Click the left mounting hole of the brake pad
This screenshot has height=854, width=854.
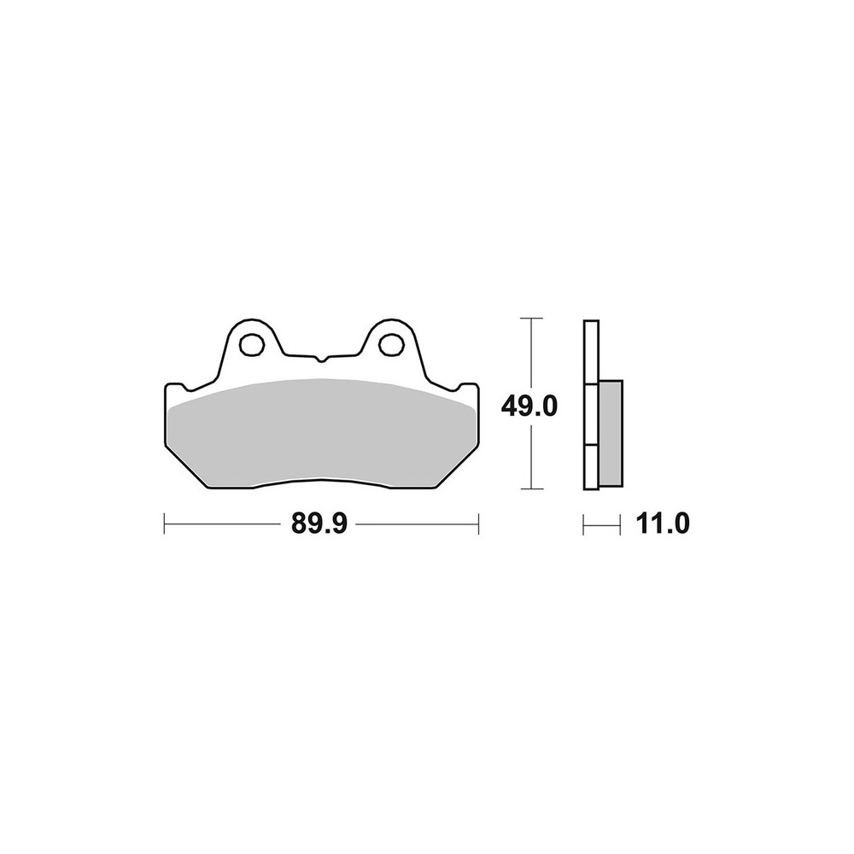click(x=250, y=345)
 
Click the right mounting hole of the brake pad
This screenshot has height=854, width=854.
click(x=391, y=345)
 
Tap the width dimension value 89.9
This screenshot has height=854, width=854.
click(x=319, y=524)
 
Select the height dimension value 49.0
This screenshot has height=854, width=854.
click(x=529, y=406)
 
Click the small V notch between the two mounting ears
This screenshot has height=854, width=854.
click(x=323, y=359)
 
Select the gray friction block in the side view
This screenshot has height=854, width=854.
click(x=611, y=433)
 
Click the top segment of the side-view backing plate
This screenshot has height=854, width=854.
click(x=591, y=353)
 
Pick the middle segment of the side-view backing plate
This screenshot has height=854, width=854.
click(x=591, y=415)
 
